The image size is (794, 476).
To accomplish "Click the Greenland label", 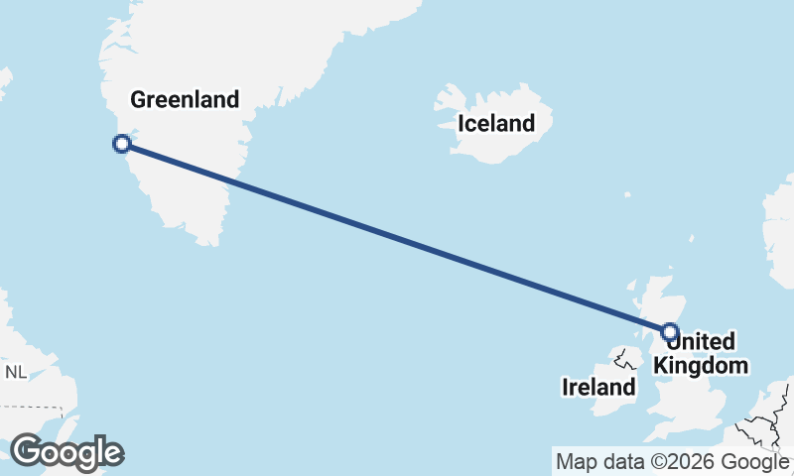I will pyautogui.click(x=185, y=99).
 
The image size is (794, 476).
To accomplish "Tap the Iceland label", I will pyautogui.click(x=495, y=124).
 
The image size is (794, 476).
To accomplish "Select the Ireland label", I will pyautogui.click(x=598, y=387).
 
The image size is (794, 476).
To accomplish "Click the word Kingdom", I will pyautogui.click(x=701, y=365).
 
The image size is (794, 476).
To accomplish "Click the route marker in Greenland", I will pyautogui.click(x=122, y=144).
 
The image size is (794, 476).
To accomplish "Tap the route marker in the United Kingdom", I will pyautogui.click(x=670, y=332).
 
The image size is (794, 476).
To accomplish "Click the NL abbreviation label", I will pyautogui.click(x=16, y=373).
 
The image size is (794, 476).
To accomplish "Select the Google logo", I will pyautogui.click(x=66, y=452).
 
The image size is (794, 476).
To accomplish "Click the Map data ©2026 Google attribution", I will pyautogui.click(x=672, y=462).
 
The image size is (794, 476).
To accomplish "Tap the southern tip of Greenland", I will pyautogui.click(x=208, y=241).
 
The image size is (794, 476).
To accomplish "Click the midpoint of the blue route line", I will pyautogui.click(x=396, y=238).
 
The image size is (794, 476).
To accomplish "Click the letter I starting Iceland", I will pyautogui.click(x=461, y=124).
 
